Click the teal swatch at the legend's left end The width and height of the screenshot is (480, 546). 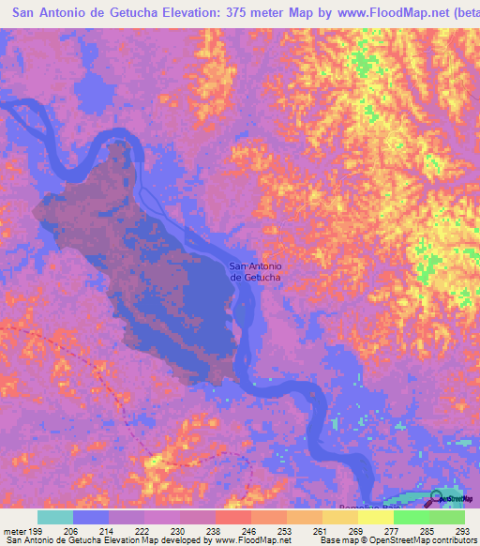[54, 517]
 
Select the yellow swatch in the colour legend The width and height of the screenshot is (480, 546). [375, 517]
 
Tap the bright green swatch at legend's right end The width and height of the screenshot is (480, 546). [446, 517]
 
